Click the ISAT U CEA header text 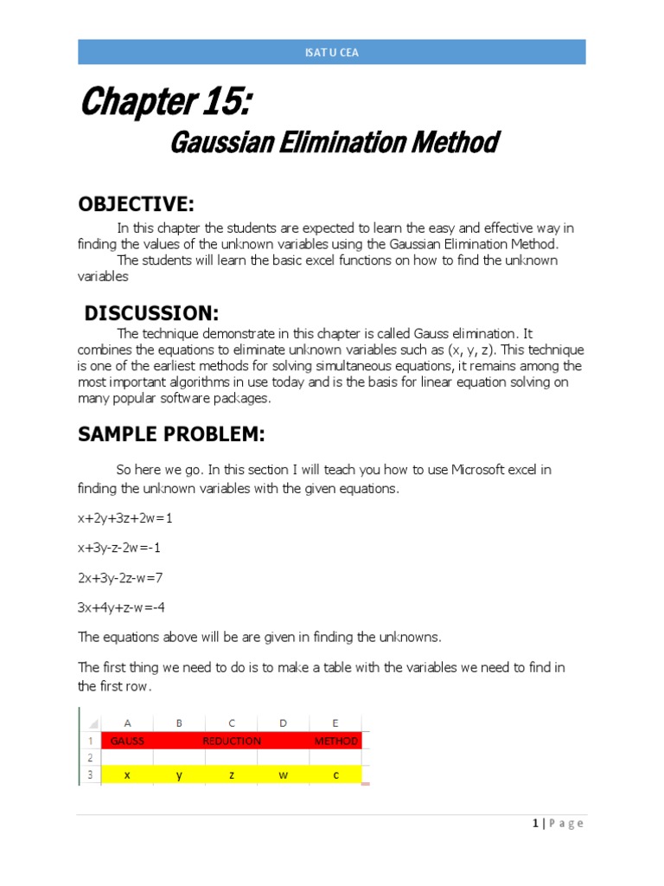(x=332, y=52)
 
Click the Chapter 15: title (x=166, y=104)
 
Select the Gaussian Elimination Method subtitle (x=333, y=143)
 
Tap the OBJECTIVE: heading (x=136, y=203)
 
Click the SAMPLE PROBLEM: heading (x=171, y=434)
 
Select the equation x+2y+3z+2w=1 (x=131, y=517)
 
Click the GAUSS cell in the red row (x=127, y=741)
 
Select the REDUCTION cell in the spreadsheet (x=232, y=741)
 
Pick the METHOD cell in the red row (x=335, y=741)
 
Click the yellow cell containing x (x=127, y=775)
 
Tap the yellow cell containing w (x=284, y=775)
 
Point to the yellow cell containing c (x=335, y=775)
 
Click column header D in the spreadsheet (x=284, y=722)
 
